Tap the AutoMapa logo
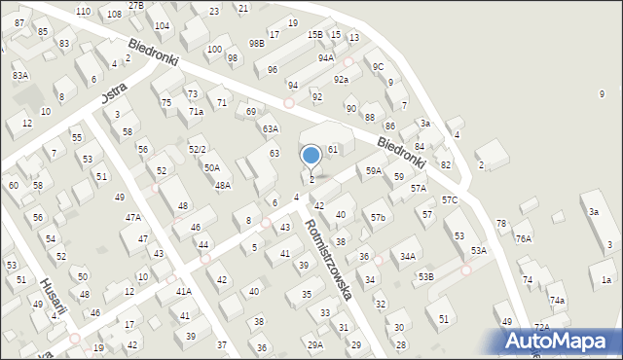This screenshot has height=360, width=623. tap(561, 341)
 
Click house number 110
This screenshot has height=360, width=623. tap(83, 11)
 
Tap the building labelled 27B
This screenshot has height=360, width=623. tap(135, 6)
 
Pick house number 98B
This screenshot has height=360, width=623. tap(256, 44)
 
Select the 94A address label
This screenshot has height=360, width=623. tap(325, 58)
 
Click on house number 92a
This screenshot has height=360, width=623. tap(341, 80)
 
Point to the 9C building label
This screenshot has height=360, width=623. tap(378, 66)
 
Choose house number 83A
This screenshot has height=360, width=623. tap(20, 75)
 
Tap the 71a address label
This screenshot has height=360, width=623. tap(196, 112)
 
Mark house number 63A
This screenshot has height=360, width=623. tap(270, 128)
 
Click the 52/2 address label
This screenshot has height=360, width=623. tap(197, 149)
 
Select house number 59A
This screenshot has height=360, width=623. tap(373, 171)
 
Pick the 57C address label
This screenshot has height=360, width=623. tap(449, 199)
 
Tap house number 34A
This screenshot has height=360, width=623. tap(408, 257)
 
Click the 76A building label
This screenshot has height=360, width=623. tap(524, 238)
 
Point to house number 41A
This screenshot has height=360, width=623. tap(183, 292)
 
